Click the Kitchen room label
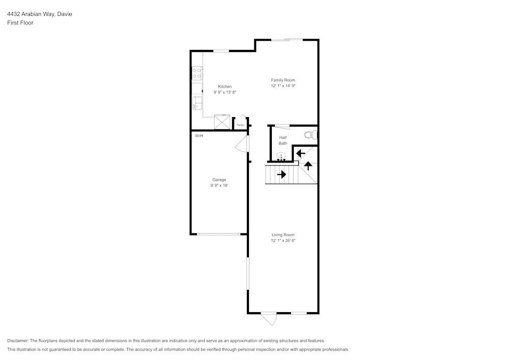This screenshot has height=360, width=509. point(224,87)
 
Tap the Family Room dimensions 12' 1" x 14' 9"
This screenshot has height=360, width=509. point(283,86)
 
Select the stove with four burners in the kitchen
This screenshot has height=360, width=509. point(196,73)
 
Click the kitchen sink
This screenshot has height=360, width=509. point(196,105)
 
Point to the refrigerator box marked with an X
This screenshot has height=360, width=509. point(222,122)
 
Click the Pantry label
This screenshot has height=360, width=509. point(240,125)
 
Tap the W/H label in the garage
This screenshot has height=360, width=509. point(199,135)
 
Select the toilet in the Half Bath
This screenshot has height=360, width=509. point(310,135)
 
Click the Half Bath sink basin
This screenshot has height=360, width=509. point(281,156)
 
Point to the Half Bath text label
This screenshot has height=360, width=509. point(282,141)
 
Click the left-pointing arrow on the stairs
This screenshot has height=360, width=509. point(300,153)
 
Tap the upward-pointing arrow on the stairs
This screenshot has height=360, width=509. point(308,165)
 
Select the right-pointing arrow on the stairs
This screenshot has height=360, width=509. point(281,175)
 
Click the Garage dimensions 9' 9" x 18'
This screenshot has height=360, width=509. point(219,186)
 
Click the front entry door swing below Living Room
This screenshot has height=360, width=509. point(269,319)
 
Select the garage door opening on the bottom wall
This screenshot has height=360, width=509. point(219,234)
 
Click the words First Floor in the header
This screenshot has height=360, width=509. point(20,23)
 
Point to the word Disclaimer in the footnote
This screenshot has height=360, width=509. point(18,341)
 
